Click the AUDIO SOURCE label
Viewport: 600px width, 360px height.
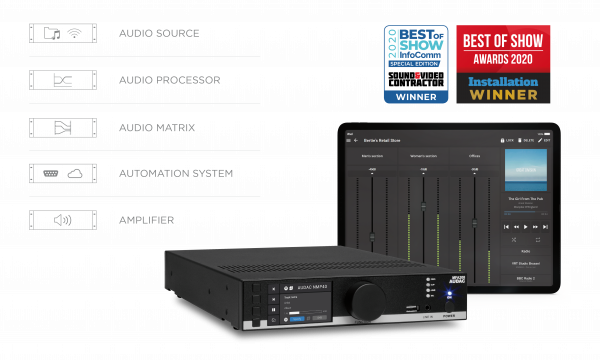point(160,33)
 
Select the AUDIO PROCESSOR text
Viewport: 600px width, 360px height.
point(170,79)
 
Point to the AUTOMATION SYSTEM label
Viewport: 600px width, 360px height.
point(175,173)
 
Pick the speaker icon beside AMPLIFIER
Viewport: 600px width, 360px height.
point(63,219)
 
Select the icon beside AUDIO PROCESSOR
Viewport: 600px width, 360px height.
point(63,80)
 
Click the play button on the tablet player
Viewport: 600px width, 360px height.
point(525,226)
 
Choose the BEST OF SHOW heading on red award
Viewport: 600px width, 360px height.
point(503,44)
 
